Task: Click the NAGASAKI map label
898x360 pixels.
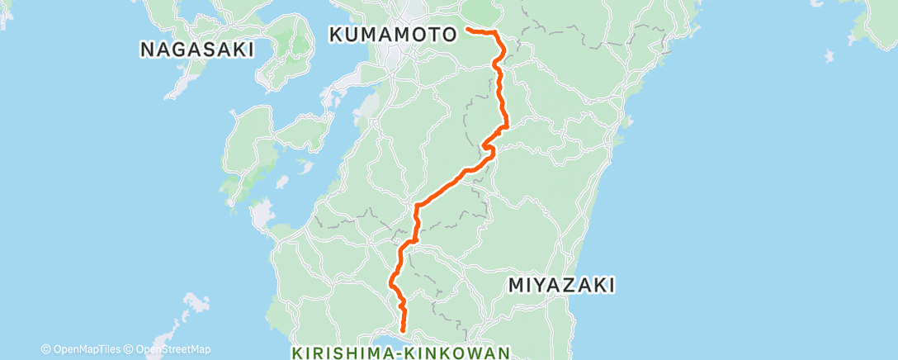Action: (x=196, y=50)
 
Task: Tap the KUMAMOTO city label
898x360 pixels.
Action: (x=393, y=35)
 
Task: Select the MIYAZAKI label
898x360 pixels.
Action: (x=561, y=286)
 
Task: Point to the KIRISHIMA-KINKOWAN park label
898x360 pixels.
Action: (x=402, y=353)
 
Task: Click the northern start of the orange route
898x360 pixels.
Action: (x=468, y=29)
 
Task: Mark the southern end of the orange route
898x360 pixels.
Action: (x=404, y=332)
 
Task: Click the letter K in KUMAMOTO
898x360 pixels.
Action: (x=336, y=35)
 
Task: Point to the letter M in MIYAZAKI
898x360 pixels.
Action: (x=516, y=286)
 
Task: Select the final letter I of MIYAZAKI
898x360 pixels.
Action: (x=612, y=286)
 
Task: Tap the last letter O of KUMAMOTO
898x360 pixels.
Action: (x=450, y=35)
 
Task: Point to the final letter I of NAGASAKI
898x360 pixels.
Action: (x=249, y=50)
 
